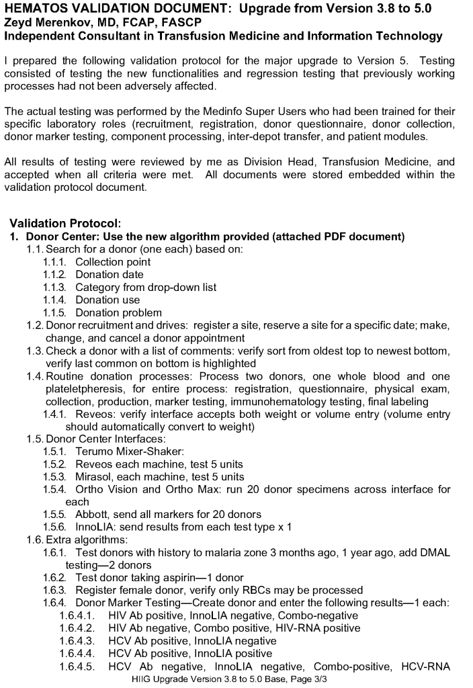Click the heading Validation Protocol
pyautogui.click(x=64, y=223)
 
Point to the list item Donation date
pyautogui.click(x=110, y=274)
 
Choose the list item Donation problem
pyautogui.click(x=118, y=312)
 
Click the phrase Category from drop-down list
pyautogui.click(x=146, y=287)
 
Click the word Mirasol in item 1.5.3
pyautogui.click(x=94, y=477)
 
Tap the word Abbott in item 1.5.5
pyautogui.click(x=92, y=515)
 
